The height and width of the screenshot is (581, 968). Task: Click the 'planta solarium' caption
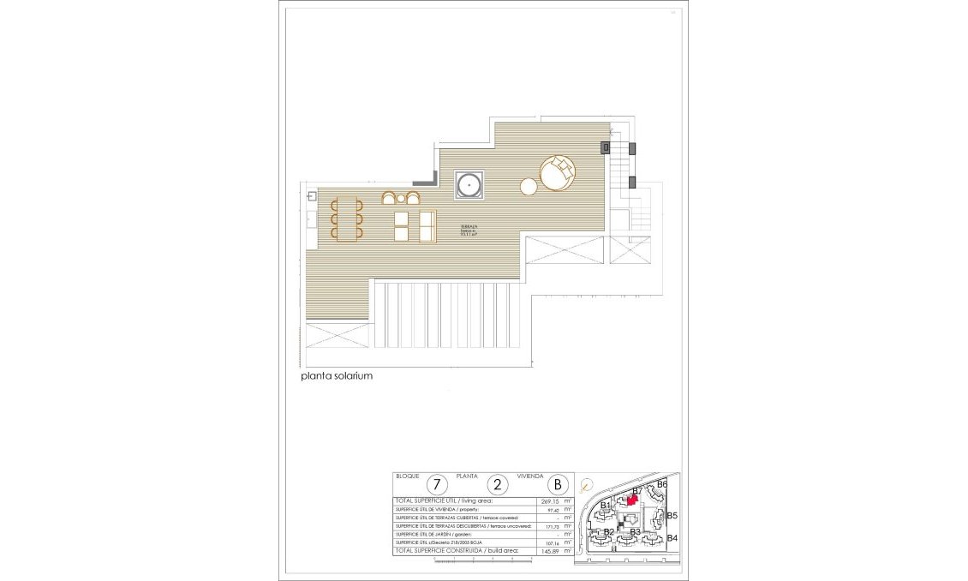[337, 376]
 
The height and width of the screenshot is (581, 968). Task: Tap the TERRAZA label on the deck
[469, 228]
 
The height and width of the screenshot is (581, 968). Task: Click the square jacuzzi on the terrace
[469, 185]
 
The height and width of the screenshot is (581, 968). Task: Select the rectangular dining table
[347, 219]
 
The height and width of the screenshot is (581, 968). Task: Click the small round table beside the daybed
[529, 186]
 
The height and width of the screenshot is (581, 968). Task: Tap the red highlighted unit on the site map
[632, 499]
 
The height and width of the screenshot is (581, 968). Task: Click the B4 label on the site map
[672, 538]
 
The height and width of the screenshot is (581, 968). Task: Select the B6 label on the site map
[660, 484]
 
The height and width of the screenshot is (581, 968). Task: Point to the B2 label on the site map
[608, 532]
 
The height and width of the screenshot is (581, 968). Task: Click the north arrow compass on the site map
[585, 485]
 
